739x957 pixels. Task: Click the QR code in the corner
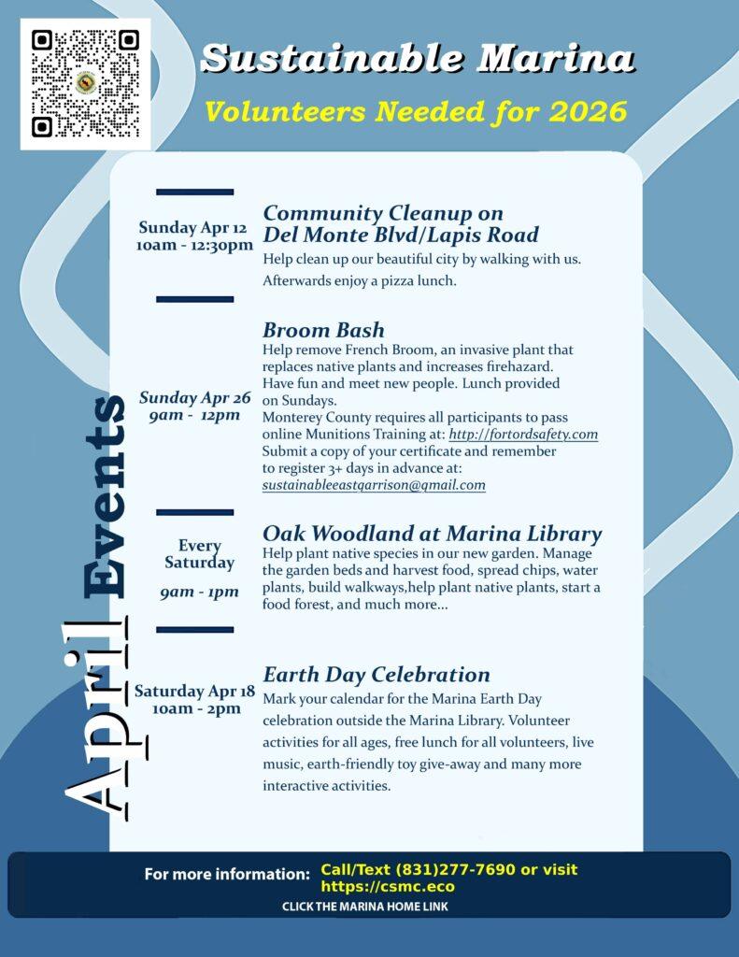click(x=85, y=84)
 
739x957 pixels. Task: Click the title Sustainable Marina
click(x=418, y=59)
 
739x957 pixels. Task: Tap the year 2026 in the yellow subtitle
click(x=589, y=112)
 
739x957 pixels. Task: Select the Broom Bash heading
click(x=323, y=330)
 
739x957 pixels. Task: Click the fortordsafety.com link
click(x=523, y=435)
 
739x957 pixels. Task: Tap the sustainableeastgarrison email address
click(x=374, y=485)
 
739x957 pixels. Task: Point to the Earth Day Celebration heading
click(x=377, y=675)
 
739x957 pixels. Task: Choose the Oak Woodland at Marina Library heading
click(x=432, y=534)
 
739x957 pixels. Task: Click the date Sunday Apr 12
click(x=192, y=228)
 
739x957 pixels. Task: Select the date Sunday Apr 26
click(x=195, y=398)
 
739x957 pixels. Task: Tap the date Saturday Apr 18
click(x=194, y=692)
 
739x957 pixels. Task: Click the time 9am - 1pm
click(x=199, y=592)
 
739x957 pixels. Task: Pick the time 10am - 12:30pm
click(x=194, y=246)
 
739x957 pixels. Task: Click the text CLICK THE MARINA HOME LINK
click(x=365, y=907)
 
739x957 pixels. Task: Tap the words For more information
click(x=227, y=875)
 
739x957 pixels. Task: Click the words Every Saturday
click(x=199, y=554)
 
